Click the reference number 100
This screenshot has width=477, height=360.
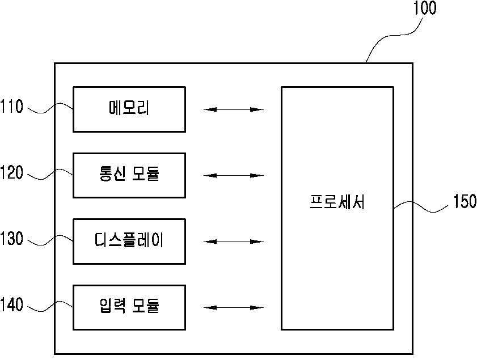tap(425, 8)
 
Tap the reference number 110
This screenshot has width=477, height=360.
tap(11, 107)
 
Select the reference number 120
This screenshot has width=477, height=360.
tap(11, 172)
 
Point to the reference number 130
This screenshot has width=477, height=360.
tap(11, 238)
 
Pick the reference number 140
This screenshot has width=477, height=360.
tap(11, 304)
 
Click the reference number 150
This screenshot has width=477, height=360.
tap(465, 201)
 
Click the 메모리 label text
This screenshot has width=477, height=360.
tap(129, 108)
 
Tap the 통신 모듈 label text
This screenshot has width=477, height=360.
tap(129, 173)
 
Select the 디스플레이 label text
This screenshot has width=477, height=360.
tap(129, 240)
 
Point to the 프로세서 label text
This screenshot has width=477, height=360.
tap(337, 202)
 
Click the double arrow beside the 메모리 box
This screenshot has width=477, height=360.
tap(233, 109)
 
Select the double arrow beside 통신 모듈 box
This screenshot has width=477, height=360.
tap(233, 175)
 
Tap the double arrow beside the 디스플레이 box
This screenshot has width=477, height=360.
tap(233, 242)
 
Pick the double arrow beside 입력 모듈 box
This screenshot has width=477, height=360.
tap(233, 308)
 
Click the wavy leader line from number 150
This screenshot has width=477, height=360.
tap(421, 206)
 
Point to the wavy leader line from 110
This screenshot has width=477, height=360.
tap(50, 108)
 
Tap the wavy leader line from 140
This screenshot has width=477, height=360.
tap(50, 306)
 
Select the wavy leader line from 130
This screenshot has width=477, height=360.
tap(50, 240)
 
